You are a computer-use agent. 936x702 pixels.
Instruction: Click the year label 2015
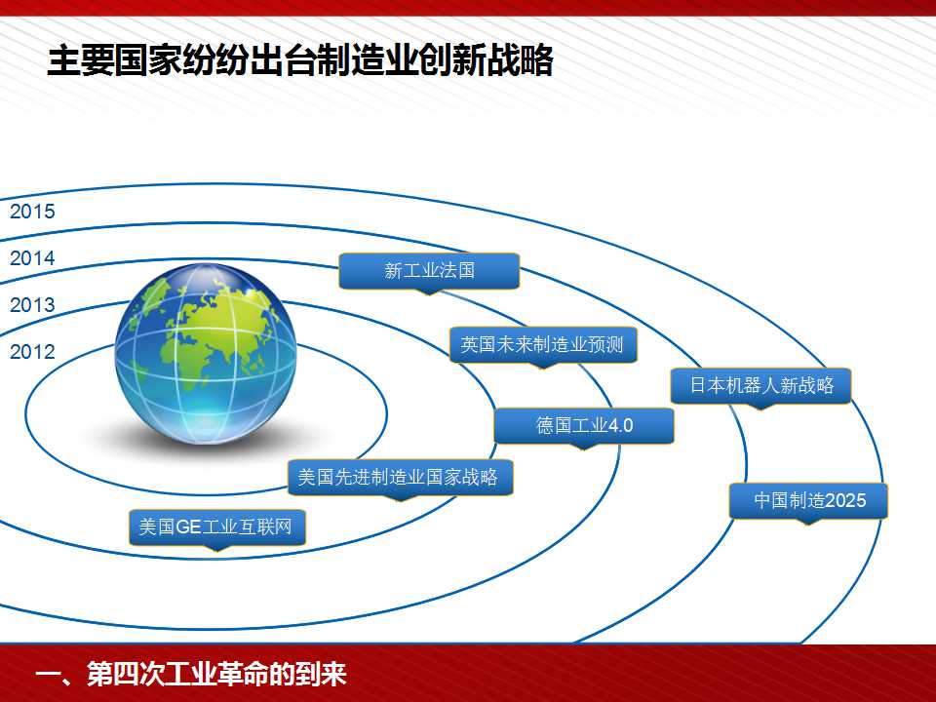(32, 212)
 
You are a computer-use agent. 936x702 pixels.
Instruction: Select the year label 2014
(32, 258)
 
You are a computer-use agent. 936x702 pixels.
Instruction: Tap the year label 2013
(32, 305)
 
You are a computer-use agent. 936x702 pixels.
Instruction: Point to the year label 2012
(32, 352)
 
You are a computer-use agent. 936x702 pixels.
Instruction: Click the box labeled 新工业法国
(429, 271)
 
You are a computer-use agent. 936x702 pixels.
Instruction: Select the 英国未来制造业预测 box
(543, 344)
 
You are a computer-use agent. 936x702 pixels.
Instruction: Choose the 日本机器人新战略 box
(761, 386)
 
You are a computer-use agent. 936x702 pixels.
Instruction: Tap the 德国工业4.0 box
(584, 426)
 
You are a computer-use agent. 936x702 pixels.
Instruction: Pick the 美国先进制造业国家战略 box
(400, 477)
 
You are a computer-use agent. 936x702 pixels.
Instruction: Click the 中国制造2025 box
(809, 501)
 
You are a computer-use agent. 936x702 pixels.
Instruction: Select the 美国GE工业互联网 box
(217, 527)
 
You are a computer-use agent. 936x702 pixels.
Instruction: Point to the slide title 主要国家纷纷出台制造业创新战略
(300, 60)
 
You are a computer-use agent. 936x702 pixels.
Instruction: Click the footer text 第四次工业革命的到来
(216, 674)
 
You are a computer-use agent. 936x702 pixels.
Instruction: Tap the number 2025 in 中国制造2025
(846, 500)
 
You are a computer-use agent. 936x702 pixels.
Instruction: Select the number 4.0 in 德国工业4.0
(620, 426)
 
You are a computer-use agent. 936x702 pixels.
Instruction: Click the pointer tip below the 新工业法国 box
(429, 294)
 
